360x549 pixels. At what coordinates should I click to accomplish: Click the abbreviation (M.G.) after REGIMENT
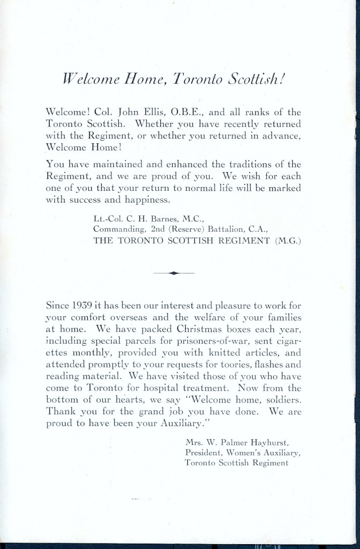click(x=288, y=241)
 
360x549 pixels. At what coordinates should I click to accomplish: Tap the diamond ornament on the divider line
click(x=174, y=273)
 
